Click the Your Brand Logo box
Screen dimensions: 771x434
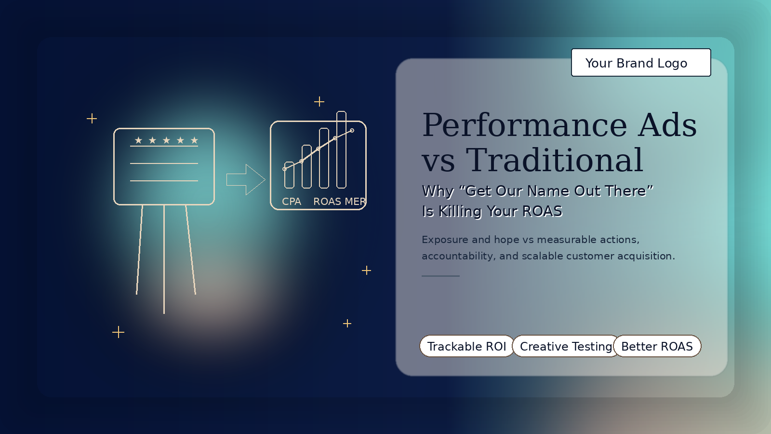(641, 62)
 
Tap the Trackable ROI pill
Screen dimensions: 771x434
(467, 346)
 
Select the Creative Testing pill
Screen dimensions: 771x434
(566, 346)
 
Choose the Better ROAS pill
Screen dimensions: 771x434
(657, 346)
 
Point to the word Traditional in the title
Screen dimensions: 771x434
(555, 160)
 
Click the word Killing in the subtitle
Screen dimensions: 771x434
(460, 212)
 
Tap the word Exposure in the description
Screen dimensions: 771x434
(445, 240)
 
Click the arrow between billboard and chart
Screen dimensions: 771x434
(246, 179)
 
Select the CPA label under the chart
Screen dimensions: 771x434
(292, 202)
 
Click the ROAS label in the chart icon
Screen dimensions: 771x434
(327, 202)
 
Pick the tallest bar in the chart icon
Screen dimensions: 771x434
(341, 149)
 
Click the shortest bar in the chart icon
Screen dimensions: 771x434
(289, 175)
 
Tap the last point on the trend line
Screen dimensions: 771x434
(352, 131)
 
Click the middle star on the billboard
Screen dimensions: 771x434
(167, 140)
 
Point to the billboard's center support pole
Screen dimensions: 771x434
(164, 259)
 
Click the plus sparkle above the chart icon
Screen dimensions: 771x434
(319, 102)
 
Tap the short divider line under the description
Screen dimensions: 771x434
(440, 276)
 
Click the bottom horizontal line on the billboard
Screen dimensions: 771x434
(164, 180)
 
